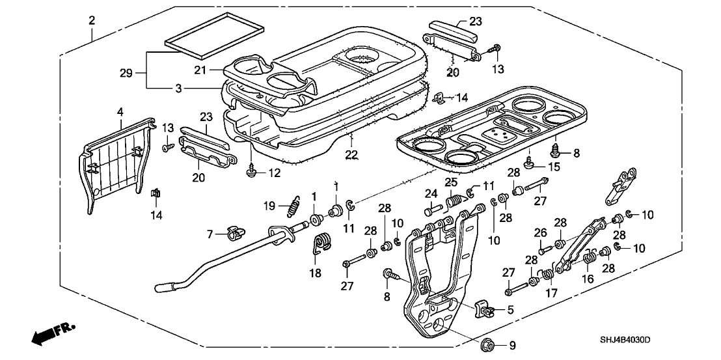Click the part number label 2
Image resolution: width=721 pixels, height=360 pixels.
92,20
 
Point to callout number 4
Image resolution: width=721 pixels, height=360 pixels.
119,113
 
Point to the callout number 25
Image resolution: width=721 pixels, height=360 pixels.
450,180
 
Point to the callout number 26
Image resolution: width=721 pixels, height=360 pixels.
539,232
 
